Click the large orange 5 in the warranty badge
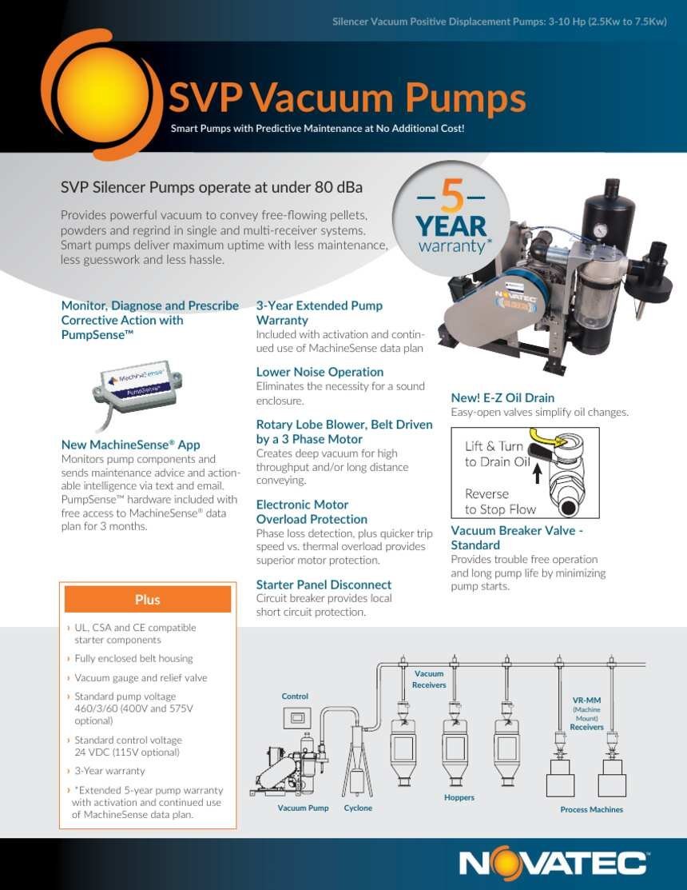pos(452,197)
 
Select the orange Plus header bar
pos(147,600)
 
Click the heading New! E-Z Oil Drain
pos(502,398)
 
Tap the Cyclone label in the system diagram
pos(358,808)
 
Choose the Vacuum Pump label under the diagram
pos(303,808)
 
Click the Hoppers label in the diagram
pos(459,797)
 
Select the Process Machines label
pos(591,809)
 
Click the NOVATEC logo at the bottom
pos(554,864)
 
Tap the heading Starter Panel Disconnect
pos(324,585)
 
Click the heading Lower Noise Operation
pos(320,372)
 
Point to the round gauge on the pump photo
pos(600,230)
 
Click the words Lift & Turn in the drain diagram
pos(494,446)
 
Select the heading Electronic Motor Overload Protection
pos(312,512)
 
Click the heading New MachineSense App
pos(130,445)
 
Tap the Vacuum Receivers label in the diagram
pos(429,680)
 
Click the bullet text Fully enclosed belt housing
pos(133,658)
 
